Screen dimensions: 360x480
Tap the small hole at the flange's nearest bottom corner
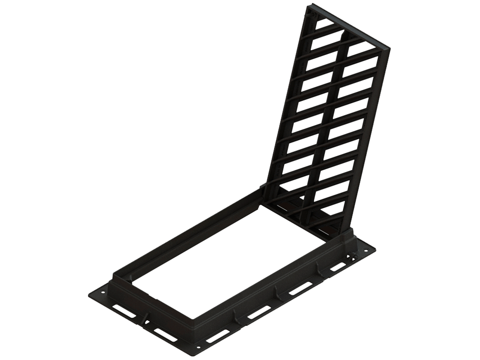(x=198, y=348)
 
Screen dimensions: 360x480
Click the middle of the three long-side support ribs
(x=277, y=293)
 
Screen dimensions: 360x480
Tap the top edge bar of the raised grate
(x=349, y=26)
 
